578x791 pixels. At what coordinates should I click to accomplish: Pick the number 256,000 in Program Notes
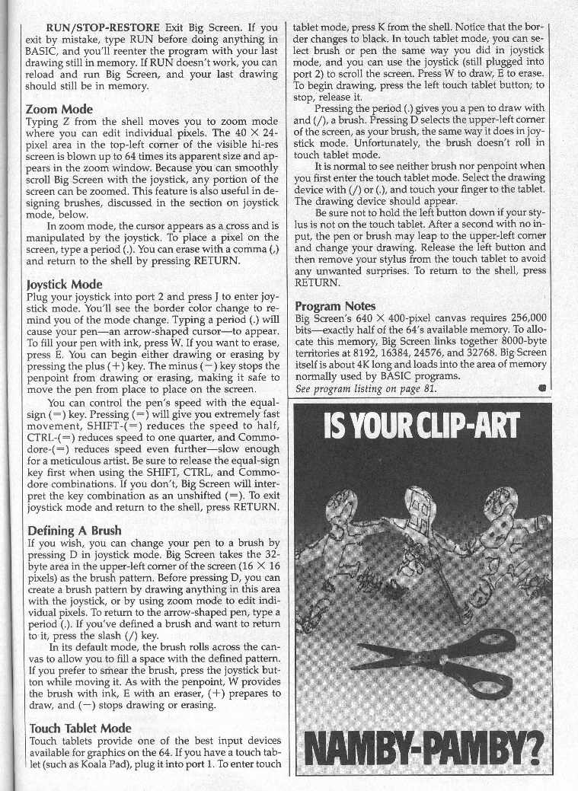524,317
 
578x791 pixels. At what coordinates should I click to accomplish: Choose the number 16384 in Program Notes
394,353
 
